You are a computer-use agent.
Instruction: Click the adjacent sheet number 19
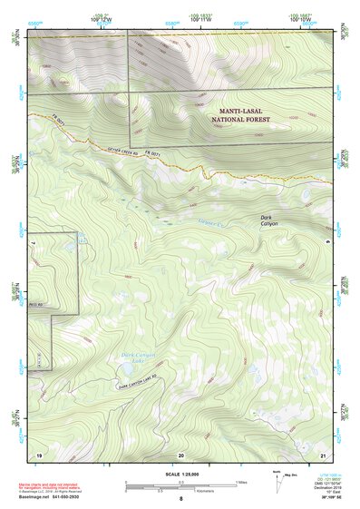[39, 453]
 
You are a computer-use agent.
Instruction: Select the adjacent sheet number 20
[181, 453]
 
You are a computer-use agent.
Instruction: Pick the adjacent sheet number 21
[323, 453]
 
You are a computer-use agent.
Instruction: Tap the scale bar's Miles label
[241, 481]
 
